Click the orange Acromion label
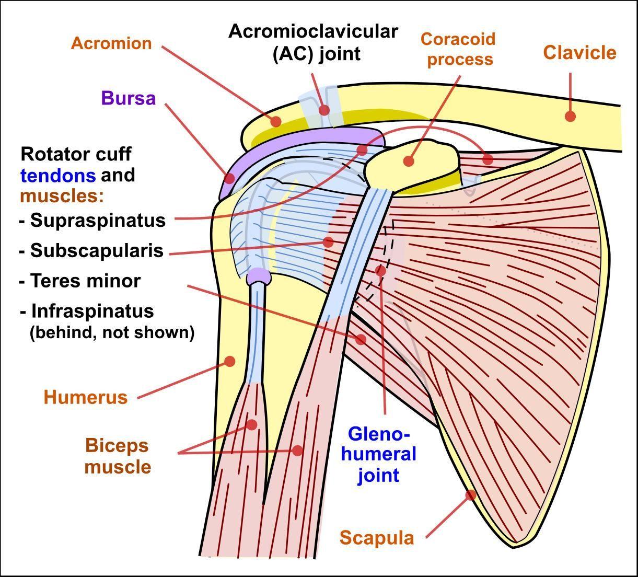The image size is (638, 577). pyautogui.click(x=111, y=43)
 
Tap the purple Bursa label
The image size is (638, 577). pyautogui.click(x=129, y=98)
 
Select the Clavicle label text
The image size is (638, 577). pyautogui.click(x=579, y=52)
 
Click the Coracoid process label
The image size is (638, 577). pyautogui.click(x=458, y=49)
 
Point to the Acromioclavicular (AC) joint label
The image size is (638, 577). pyautogui.click(x=314, y=42)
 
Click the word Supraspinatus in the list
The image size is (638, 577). pyautogui.click(x=98, y=220)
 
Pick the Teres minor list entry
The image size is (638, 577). pyautogui.click(x=86, y=281)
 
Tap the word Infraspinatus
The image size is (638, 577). pyautogui.click(x=92, y=311)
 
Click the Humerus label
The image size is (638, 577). pyautogui.click(x=86, y=397)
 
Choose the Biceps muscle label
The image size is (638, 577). pyautogui.click(x=118, y=456)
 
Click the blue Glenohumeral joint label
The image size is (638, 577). pyautogui.click(x=379, y=454)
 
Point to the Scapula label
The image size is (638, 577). pyautogui.click(x=377, y=537)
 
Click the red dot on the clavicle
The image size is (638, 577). pyautogui.click(x=570, y=116)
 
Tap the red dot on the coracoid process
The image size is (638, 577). pyautogui.click(x=409, y=161)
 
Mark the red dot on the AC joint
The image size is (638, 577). pyautogui.click(x=324, y=110)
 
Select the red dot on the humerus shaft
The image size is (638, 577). pyautogui.click(x=229, y=361)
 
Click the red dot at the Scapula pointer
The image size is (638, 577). pyautogui.click(x=470, y=494)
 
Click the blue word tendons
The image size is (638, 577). pyautogui.click(x=58, y=175)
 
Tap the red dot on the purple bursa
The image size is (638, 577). pyautogui.click(x=229, y=178)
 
